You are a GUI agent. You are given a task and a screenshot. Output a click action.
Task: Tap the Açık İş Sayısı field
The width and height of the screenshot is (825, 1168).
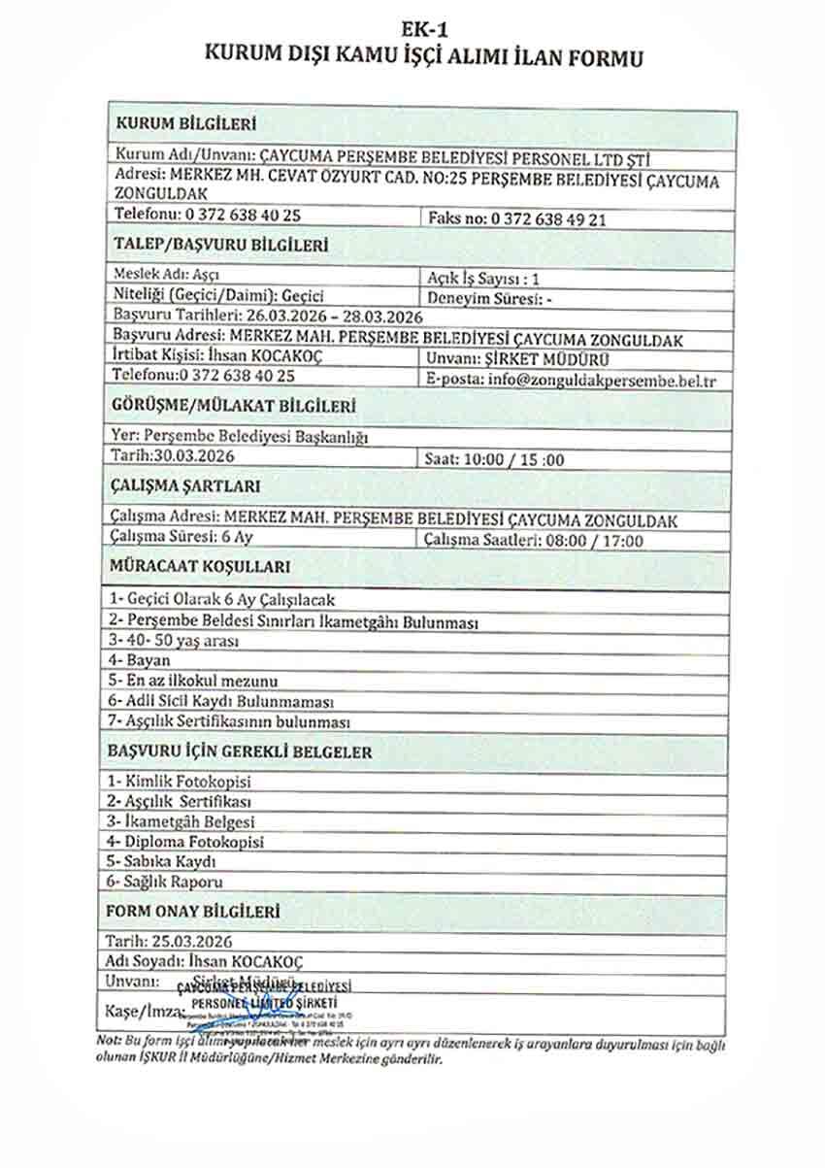483,278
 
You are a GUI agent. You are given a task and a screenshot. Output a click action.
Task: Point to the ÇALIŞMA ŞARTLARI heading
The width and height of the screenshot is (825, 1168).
184,485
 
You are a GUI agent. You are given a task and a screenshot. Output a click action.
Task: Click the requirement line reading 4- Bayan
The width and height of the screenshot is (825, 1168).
140,661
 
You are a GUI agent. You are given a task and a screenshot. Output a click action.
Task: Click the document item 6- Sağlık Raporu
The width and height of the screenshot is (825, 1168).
165,883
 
